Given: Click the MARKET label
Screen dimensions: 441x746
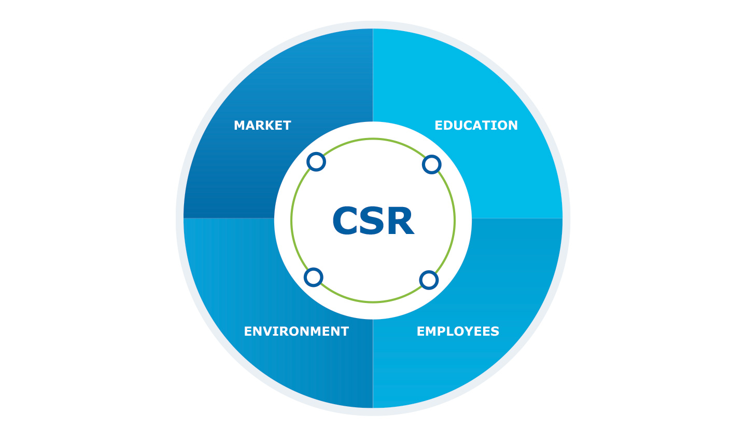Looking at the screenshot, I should tap(262, 126).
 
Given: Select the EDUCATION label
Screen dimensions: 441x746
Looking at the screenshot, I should tap(476, 126).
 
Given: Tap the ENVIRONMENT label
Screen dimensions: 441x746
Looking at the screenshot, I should tap(296, 332).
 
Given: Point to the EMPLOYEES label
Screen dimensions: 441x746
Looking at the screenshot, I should tap(458, 332).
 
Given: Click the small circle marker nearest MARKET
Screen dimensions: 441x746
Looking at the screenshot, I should tap(316, 162).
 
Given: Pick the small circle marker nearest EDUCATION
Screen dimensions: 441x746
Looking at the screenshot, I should tap(431, 165).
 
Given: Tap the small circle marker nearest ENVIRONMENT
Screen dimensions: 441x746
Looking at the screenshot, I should tap(313, 277).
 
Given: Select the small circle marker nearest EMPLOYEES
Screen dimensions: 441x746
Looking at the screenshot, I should tap(429, 280).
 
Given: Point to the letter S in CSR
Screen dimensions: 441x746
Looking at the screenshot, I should tap(373, 222).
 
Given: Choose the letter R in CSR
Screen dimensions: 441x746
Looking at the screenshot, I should tap(400, 222).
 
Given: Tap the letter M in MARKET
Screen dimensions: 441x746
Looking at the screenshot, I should tap(240, 126).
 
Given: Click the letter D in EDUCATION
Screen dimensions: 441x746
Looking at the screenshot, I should tap(449, 126).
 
